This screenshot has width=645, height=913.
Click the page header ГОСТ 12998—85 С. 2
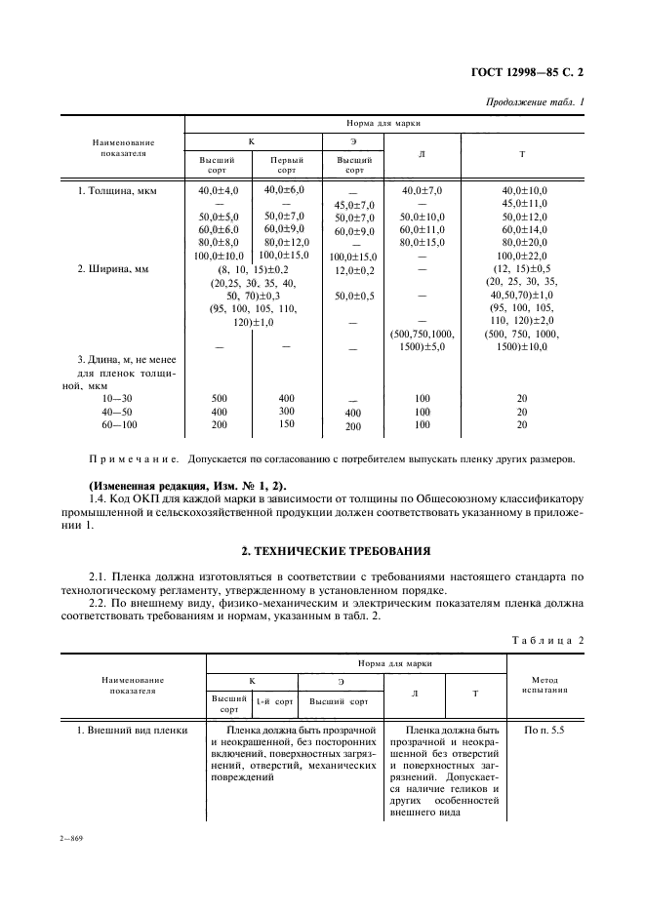530,71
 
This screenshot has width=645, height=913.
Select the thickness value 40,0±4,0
218,190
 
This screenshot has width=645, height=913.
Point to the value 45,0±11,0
524,203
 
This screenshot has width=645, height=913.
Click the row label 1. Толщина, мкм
115,191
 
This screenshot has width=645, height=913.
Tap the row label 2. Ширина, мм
113,267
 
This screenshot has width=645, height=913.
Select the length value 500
219,399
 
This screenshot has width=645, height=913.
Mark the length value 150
285,424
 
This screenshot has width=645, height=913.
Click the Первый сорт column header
285,164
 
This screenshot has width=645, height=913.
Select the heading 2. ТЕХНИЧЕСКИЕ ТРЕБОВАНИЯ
322,551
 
